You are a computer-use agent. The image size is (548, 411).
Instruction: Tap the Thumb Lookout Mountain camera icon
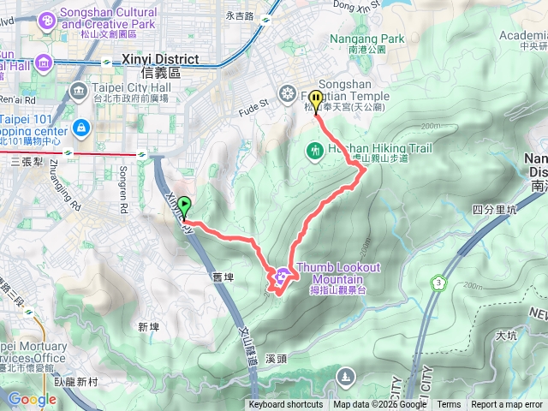pyautogui.click(x=282, y=276)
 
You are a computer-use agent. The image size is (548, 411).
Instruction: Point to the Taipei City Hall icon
pyautogui.click(x=79, y=90)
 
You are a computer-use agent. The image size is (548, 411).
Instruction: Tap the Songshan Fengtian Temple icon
pyautogui.click(x=287, y=92)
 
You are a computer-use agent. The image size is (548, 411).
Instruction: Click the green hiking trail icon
pyautogui.click(x=314, y=152)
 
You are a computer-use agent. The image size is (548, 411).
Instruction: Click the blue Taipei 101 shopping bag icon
pyautogui.click(x=80, y=128)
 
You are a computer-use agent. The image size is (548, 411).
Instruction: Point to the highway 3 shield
pyautogui.click(x=439, y=282)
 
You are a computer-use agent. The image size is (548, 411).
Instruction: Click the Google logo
pyautogui.click(x=32, y=398)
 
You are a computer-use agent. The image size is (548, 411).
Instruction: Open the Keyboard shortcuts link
pyautogui.click(x=285, y=405)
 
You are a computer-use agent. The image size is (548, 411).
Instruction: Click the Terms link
pyautogui.click(x=449, y=405)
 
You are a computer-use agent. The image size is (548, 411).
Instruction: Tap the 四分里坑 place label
pyautogui.click(x=495, y=209)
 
